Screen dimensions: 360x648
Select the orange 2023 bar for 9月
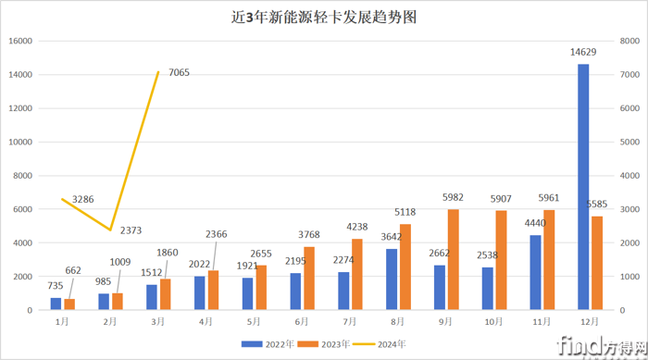click(x=454, y=259)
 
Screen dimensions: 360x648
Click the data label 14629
click(x=584, y=54)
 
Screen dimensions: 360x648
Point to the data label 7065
click(x=176, y=73)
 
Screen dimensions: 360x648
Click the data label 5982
click(x=453, y=198)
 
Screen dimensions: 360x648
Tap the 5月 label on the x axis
click(x=255, y=321)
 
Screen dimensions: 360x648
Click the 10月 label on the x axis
click(x=492, y=321)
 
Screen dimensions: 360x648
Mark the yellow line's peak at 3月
click(x=159, y=72)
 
